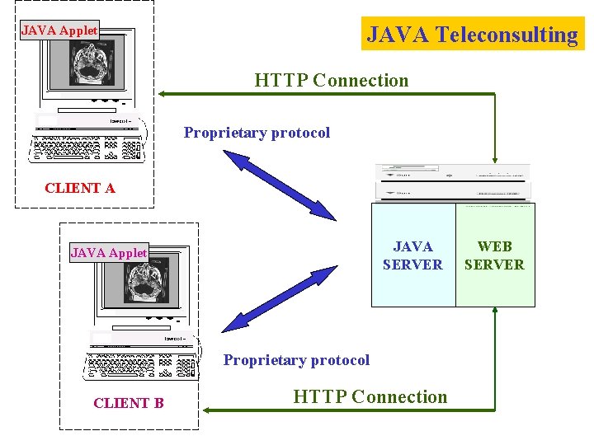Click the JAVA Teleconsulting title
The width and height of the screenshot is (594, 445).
click(473, 35)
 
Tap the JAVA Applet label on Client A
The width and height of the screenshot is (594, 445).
click(59, 30)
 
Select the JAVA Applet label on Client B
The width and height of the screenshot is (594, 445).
click(109, 253)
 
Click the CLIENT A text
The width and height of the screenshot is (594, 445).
click(80, 188)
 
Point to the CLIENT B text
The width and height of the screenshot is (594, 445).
click(129, 403)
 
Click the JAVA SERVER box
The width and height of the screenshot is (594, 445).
click(412, 255)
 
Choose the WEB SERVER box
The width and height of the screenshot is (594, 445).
click(495, 255)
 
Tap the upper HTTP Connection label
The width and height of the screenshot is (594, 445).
click(331, 81)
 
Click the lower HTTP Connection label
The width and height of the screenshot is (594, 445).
click(370, 397)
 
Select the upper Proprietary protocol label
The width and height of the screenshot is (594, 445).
click(257, 133)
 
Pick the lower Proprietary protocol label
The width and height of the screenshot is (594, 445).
click(296, 360)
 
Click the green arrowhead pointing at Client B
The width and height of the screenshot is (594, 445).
click(209, 409)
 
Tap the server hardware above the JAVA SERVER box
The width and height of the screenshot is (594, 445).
click(452, 182)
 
